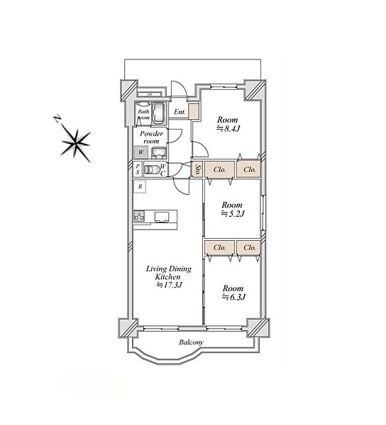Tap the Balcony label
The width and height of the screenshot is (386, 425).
(x=191, y=342)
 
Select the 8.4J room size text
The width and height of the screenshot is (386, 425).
(x=228, y=129)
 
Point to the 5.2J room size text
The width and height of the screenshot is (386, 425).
(x=233, y=214)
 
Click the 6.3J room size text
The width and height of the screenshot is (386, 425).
(x=233, y=297)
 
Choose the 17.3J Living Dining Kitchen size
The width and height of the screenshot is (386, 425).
(x=169, y=285)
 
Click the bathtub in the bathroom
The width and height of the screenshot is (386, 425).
(x=158, y=113)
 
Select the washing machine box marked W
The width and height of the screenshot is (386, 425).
(x=140, y=152)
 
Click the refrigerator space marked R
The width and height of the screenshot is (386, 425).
(x=140, y=187)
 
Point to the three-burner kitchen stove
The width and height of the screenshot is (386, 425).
(x=139, y=216)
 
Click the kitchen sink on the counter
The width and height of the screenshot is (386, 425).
(x=162, y=217)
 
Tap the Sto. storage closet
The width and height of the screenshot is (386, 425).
(x=198, y=169)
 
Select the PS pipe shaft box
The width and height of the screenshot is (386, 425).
(x=138, y=169)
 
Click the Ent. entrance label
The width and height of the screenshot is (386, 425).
(x=180, y=112)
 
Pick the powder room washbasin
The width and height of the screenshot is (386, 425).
(x=158, y=152)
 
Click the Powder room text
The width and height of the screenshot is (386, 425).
(x=151, y=137)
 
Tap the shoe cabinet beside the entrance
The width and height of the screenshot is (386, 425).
(x=194, y=111)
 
